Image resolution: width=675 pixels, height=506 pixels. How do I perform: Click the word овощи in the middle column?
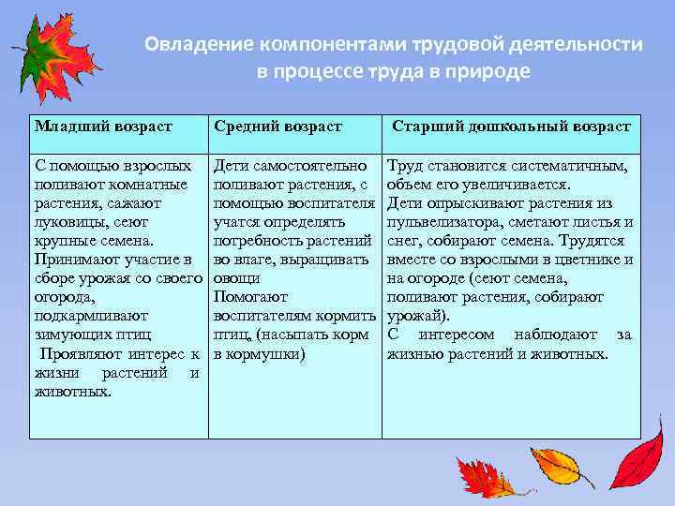pyautogui.click(x=234, y=278)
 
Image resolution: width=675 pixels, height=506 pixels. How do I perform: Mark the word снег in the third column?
pyautogui.click(x=403, y=241)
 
